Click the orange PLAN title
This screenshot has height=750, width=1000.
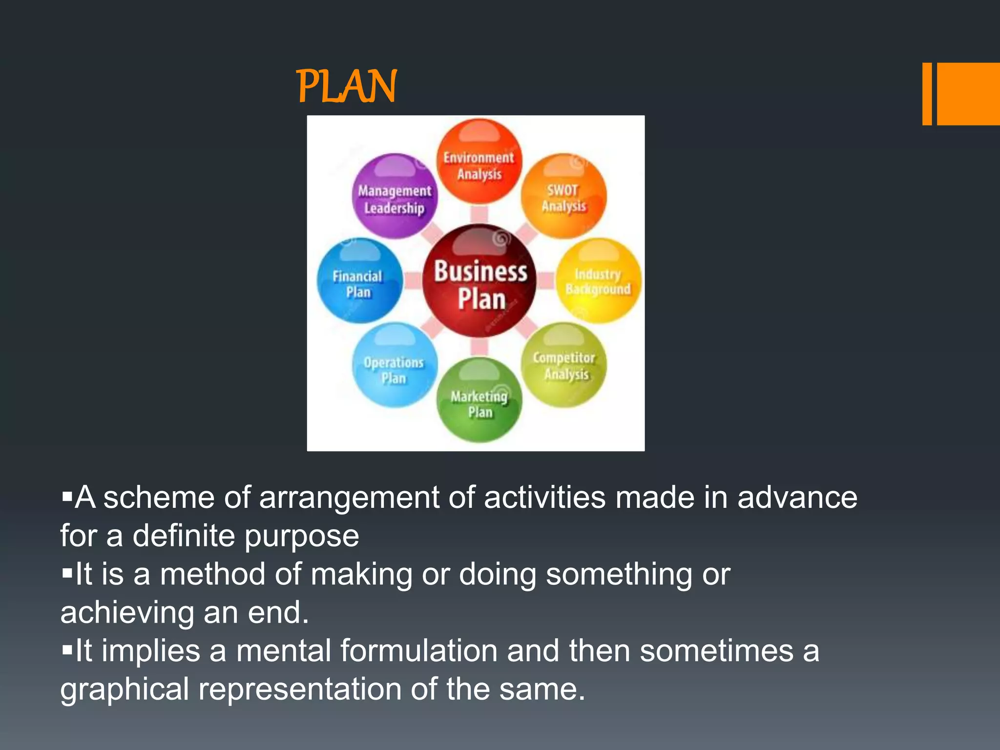[x=347, y=86]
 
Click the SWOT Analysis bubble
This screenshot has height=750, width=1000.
[x=563, y=197]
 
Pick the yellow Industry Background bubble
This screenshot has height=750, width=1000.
[x=598, y=281]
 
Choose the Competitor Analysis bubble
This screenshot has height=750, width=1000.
[x=564, y=365]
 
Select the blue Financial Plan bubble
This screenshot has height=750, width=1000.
[x=359, y=282]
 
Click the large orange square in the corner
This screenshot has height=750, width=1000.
[x=968, y=94]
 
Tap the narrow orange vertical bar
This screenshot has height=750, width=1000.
[x=927, y=94]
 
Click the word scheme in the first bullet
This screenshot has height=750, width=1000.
[x=159, y=498]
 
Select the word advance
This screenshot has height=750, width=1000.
[x=797, y=498]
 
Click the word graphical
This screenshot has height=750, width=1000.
[x=125, y=690]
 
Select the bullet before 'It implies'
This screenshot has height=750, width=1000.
[x=67, y=650]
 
